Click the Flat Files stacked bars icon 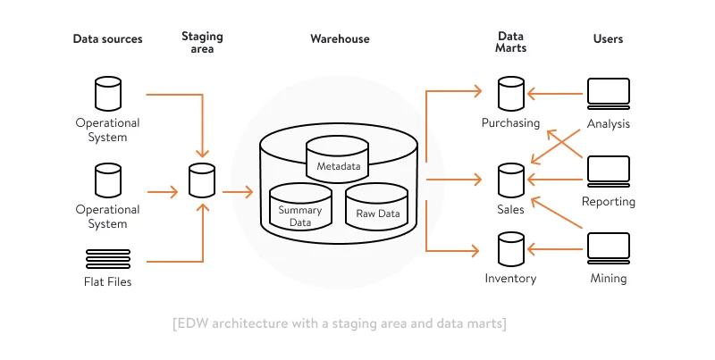(x=107, y=259)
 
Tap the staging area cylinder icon (x=202, y=180)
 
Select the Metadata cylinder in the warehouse (x=338, y=157)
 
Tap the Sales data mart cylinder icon (x=510, y=180)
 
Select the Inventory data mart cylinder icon (x=510, y=249)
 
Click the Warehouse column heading (x=340, y=39)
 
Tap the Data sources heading (x=107, y=39)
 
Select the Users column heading (x=609, y=39)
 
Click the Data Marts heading (x=511, y=42)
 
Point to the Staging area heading (x=202, y=42)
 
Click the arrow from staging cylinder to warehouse (x=238, y=191)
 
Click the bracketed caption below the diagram (x=340, y=323)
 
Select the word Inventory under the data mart (x=510, y=279)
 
